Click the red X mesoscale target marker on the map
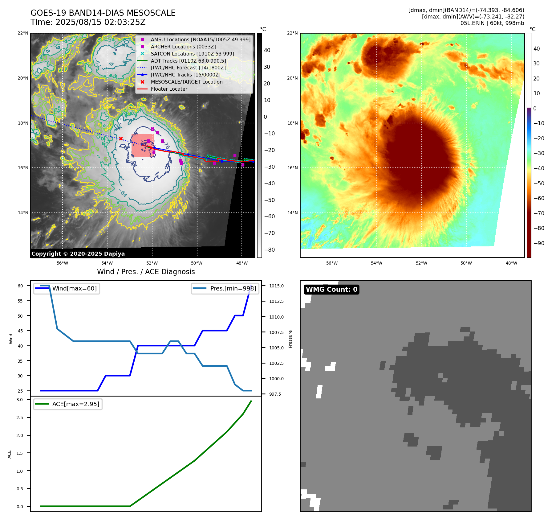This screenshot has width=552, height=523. tap(121, 138)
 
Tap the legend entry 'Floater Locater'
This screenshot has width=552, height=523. tap(169, 89)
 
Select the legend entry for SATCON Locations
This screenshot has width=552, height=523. tap(192, 54)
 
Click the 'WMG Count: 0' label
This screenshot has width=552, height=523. tap(331, 289)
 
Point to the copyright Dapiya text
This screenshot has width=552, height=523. tap(78, 254)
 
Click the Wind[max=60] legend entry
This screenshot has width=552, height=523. tap(74, 288)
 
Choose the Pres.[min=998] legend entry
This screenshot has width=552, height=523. tap(233, 288)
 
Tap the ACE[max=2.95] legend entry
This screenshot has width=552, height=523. tap(75, 404)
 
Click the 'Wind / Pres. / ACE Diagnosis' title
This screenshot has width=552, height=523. tap(146, 272)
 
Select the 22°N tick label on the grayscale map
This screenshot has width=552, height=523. tap(23, 33)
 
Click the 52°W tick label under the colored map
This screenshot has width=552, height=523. tap(421, 263)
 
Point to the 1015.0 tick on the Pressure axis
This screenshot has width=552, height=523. tap(276, 286)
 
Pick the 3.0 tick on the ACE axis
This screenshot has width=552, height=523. tap(20, 400)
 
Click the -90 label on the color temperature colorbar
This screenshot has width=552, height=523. tap(539, 243)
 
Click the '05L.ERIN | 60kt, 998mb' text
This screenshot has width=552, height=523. tap(492, 23)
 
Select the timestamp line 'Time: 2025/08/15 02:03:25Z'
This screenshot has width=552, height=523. tap(88, 22)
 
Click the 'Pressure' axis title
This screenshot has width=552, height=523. tap(290, 339)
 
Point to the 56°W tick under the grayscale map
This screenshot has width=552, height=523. tap(62, 263)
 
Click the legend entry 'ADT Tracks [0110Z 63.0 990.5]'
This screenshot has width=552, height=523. tap(188, 61)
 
